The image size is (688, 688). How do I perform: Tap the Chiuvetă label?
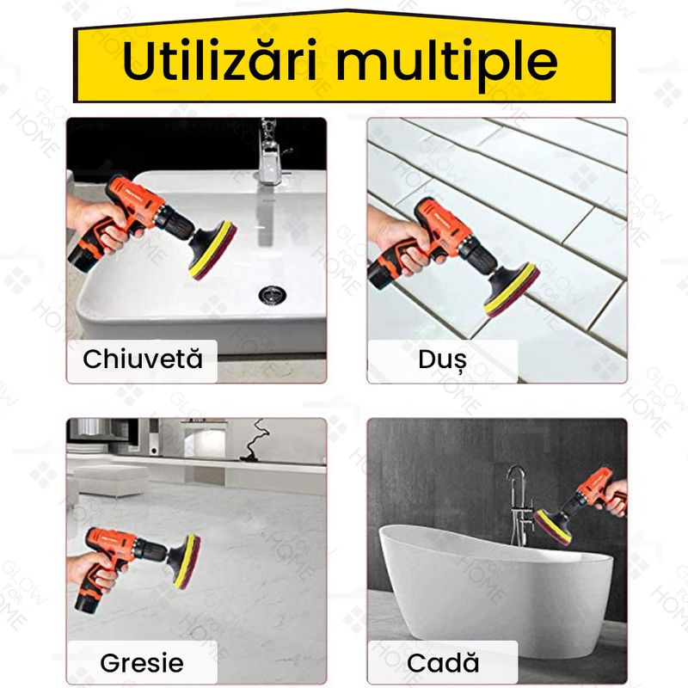(143, 358)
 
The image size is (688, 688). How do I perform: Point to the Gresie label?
(142, 662)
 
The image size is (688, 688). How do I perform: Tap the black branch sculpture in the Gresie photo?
(255, 439)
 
